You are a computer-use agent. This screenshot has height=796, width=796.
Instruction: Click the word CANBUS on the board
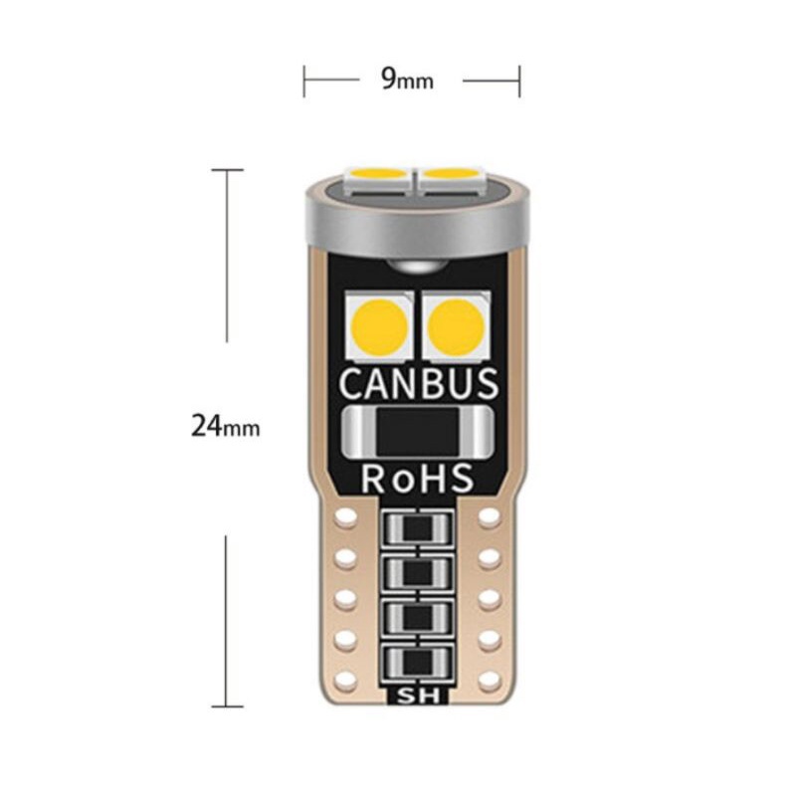point(418,383)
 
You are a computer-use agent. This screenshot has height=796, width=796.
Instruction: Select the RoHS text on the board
point(418,479)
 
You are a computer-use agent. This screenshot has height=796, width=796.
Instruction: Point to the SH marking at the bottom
point(418,695)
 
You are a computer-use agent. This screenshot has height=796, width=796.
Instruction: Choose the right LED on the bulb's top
point(452,177)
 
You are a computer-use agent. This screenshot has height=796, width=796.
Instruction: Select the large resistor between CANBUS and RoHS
point(418,430)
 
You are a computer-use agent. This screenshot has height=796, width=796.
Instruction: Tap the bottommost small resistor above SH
point(418,661)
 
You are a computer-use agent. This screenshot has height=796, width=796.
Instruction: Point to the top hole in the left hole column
point(345,517)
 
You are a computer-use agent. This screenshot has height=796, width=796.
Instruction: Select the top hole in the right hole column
point(490,517)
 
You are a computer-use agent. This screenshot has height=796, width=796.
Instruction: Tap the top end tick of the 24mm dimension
point(227,170)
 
